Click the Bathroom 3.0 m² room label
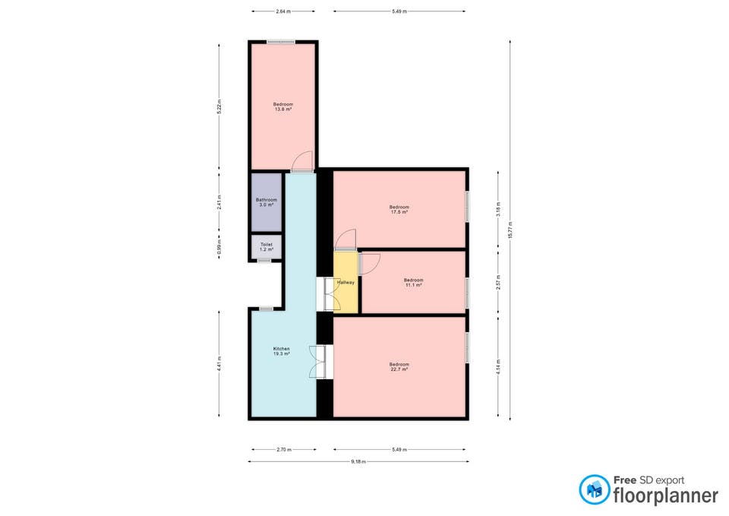(x=267, y=202)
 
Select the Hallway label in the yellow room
(x=346, y=283)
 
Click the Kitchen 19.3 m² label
(x=281, y=351)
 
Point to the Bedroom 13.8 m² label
(x=283, y=106)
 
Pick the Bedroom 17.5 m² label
(x=399, y=210)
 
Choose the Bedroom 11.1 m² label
(x=413, y=283)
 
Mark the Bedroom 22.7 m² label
(x=399, y=366)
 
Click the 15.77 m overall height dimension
(x=510, y=230)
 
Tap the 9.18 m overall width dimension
(x=358, y=461)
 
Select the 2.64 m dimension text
(x=283, y=11)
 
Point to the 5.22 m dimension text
(x=219, y=106)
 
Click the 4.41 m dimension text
(x=219, y=364)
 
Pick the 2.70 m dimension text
(x=283, y=449)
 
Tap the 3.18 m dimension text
(x=498, y=210)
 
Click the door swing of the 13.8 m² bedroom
(x=301, y=161)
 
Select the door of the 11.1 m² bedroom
(x=369, y=263)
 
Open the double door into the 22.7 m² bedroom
(x=320, y=362)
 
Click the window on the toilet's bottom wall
(x=264, y=261)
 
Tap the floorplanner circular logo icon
(x=594, y=489)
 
